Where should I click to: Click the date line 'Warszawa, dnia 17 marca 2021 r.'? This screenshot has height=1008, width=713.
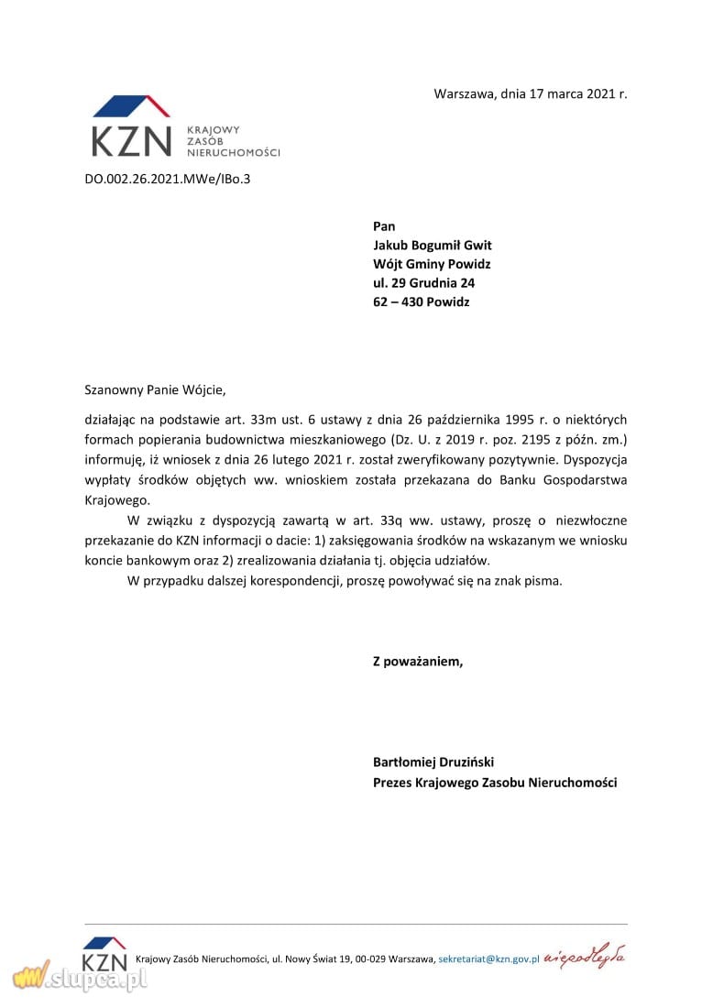(x=531, y=94)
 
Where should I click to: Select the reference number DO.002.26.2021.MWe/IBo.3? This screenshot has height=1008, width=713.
(x=167, y=179)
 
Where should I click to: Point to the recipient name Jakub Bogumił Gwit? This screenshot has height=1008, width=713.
(x=432, y=245)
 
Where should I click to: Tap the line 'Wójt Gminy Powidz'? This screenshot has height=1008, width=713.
(x=431, y=264)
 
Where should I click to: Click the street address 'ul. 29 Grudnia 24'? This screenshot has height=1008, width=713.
(x=423, y=283)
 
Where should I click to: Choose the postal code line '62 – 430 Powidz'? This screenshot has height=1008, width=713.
(x=421, y=301)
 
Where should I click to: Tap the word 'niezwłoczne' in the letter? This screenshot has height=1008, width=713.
(x=592, y=520)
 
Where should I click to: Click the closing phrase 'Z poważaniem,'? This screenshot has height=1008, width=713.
(x=418, y=661)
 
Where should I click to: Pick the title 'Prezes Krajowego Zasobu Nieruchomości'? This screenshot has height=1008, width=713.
(x=495, y=783)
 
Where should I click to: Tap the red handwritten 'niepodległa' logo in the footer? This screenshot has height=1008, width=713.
(x=585, y=958)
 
